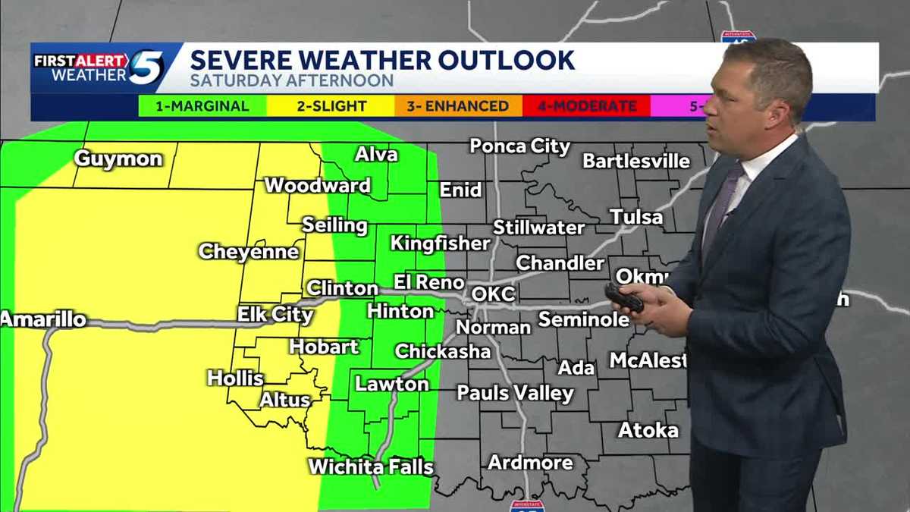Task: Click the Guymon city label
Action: [x=118, y=159]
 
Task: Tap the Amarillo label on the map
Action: [x=43, y=319]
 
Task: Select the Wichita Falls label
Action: [x=371, y=466]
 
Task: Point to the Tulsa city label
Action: [x=636, y=218]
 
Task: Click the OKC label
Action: [x=493, y=294]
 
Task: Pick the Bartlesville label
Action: [x=636, y=161]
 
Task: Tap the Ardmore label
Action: [x=530, y=462]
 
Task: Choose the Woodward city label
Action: [x=317, y=185]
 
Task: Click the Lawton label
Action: [x=392, y=384]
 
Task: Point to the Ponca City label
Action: [x=519, y=146]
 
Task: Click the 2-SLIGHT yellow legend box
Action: [x=331, y=106]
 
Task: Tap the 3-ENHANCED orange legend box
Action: [x=458, y=106]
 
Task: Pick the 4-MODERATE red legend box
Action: [x=586, y=106]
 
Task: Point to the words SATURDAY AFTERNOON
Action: [x=292, y=80]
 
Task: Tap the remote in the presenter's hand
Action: [x=624, y=297]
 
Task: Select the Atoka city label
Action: [x=648, y=430]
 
